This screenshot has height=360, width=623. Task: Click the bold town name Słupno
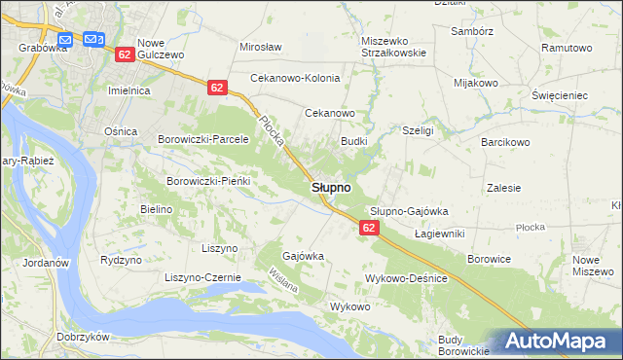pos(332,187)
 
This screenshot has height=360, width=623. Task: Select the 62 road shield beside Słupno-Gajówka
pos(368,227)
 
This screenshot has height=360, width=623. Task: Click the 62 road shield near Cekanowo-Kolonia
pos(216,88)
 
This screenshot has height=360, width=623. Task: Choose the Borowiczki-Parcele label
pos(203,139)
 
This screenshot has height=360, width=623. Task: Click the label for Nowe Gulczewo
pos(162,50)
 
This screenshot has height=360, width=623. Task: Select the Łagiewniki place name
pos(439,234)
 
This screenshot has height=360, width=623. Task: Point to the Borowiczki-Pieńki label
pos(209,181)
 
